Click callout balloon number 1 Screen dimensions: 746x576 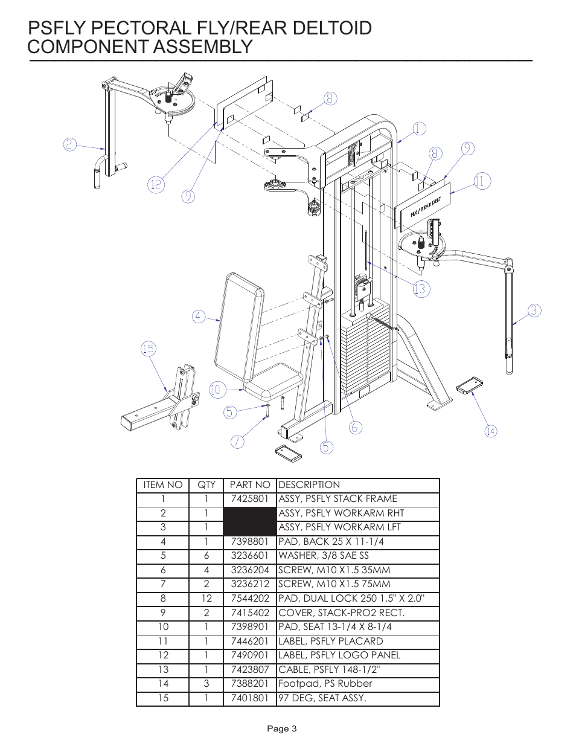pyautogui.click(x=420, y=129)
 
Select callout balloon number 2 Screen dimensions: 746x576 pyautogui.click(x=71, y=144)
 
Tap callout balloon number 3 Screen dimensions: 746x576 pyautogui.click(x=534, y=310)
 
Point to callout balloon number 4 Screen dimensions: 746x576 pyautogui.click(x=199, y=316)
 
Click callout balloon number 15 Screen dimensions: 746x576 pyautogui.click(x=149, y=349)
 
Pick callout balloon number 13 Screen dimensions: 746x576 pyautogui.click(x=420, y=289)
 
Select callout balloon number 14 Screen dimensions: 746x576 pyautogui.click(x=491, y=431)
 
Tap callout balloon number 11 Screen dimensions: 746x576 pyautogui.click(x=481, y=181)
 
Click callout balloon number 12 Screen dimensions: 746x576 pyautogui.click(x=156, y=184)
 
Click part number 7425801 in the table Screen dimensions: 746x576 pyautogui.click(x=249, y=499)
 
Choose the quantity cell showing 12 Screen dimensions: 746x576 pyautogui.click(x=206, y=599)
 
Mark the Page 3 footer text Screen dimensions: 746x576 pyautogui.click(x=283, y=728)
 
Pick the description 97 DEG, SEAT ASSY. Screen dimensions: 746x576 pyautogui.click(x=322, y=698)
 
